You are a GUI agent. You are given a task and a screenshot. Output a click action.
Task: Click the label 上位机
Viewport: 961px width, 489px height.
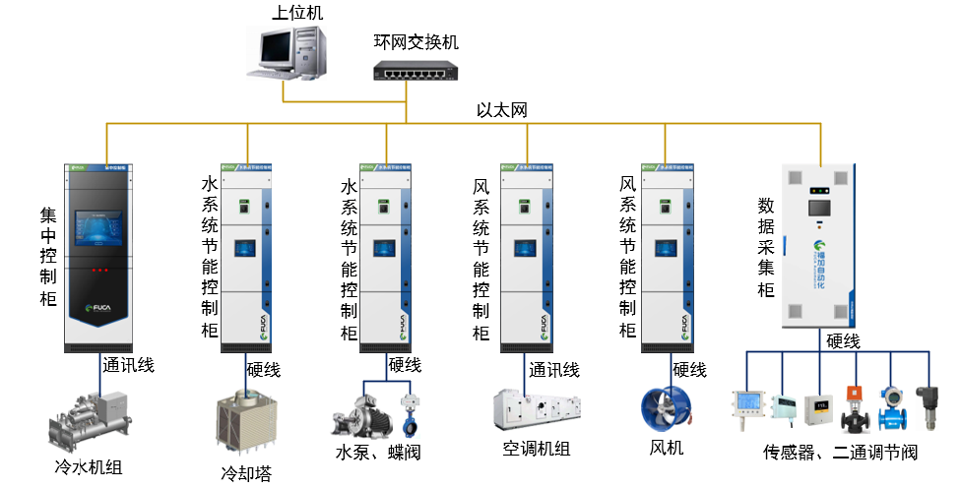click(x=297, y=12)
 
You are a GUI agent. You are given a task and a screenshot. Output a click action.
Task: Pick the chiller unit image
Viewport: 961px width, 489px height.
click(x=90, y=419)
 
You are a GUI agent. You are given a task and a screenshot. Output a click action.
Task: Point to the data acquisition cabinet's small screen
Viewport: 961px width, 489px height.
click(x=818, y=209)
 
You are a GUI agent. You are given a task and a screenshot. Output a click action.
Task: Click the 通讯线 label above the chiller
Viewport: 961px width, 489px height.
click(x=128, y=365)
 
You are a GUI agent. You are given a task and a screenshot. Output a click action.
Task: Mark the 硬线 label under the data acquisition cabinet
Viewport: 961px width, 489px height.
click(x=843, y=341)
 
